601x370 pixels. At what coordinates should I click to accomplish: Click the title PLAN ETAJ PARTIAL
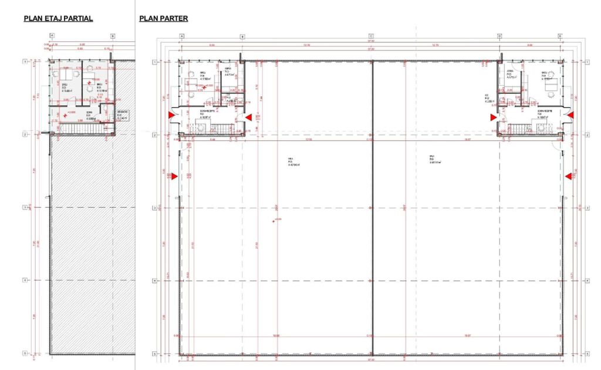(58, 18)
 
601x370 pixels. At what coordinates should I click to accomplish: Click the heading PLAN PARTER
(164, 18)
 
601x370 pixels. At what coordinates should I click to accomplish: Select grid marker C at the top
(371, 36)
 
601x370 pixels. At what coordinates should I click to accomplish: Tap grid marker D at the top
(499, 36)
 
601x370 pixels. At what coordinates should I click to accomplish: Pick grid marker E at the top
(560, 36)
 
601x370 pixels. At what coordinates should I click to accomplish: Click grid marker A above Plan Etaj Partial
(52, 36)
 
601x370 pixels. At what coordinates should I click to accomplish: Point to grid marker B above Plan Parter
(242, 36)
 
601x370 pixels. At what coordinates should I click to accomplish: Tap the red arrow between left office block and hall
(248, 117)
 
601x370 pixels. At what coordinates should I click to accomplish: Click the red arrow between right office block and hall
(494, 117)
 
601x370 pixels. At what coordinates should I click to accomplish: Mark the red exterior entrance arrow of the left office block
(172, 116)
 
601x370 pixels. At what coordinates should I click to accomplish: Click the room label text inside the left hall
(292, 162)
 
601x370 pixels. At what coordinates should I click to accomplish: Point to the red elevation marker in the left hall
(274, 220)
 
